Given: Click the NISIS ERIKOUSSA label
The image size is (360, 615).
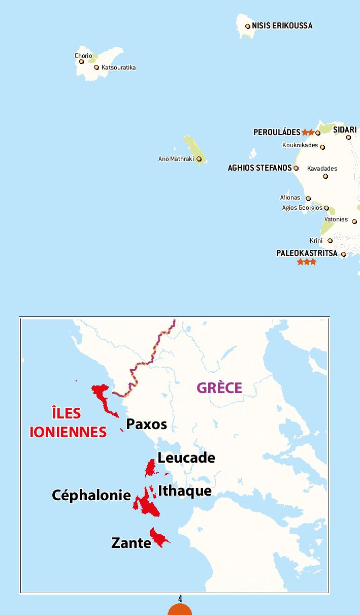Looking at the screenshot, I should (282, 25).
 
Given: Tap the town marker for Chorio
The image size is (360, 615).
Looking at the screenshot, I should (81, 62).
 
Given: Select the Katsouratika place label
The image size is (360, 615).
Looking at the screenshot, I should (118, 68).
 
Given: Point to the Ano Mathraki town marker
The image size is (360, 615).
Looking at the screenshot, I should (199, 159).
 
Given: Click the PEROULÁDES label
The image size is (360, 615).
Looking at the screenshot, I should (277, 133).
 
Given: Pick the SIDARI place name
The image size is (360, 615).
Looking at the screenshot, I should (345, 130).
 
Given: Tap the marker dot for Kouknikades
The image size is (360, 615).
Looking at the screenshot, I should (322, 147).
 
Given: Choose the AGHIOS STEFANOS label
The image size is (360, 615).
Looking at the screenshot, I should (259, 168).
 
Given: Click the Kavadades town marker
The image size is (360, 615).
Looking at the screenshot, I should (325, 177).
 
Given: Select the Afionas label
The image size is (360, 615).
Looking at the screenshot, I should (290, 198).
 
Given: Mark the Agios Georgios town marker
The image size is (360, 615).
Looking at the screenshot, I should (326, 208).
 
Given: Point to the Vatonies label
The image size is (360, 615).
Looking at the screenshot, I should (336, 219).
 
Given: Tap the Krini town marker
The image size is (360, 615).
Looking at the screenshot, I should (330, 241).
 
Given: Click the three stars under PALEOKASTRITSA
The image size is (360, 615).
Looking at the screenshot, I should (307, 262).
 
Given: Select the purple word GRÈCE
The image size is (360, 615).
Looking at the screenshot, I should (219, 387).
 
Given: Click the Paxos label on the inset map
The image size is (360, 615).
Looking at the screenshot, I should (146, 424).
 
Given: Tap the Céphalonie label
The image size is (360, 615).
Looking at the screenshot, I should (91, 495).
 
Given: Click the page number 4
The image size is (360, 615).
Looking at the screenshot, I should (180, 599).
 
